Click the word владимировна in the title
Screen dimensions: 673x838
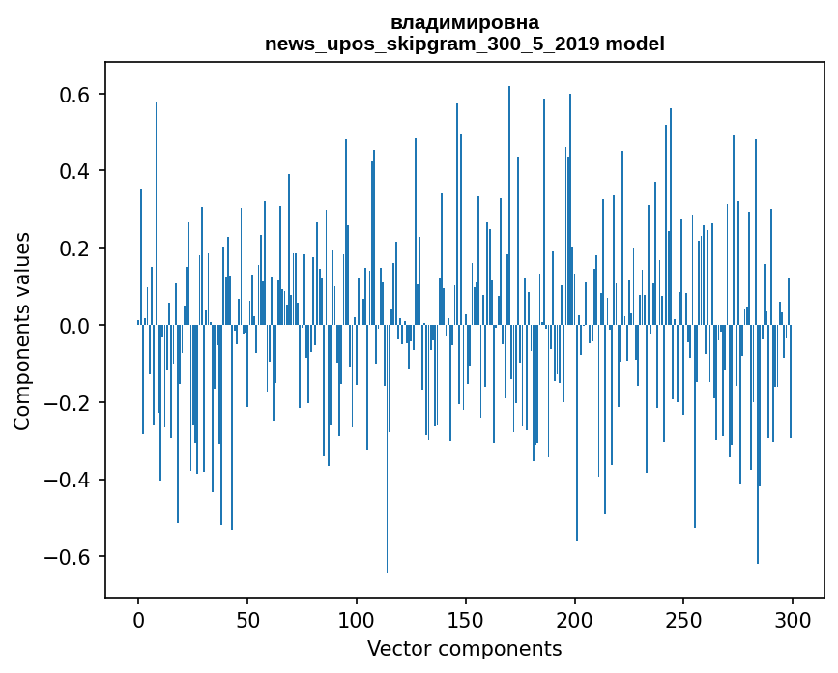(465, 22)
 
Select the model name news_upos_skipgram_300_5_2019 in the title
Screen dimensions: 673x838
(432, 44)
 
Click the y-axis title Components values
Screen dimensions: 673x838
(22, 332)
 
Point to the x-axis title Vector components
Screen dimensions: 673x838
(464, 648)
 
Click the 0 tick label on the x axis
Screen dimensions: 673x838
(138, 619)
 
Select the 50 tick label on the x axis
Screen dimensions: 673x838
(247, 619)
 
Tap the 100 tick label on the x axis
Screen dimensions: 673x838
(357, 619)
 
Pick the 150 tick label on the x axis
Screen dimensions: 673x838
(466, 619)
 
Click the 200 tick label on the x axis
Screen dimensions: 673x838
(575, 619)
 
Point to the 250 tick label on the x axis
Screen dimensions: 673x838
(683, 619)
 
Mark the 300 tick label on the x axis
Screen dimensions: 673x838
(793, 619)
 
